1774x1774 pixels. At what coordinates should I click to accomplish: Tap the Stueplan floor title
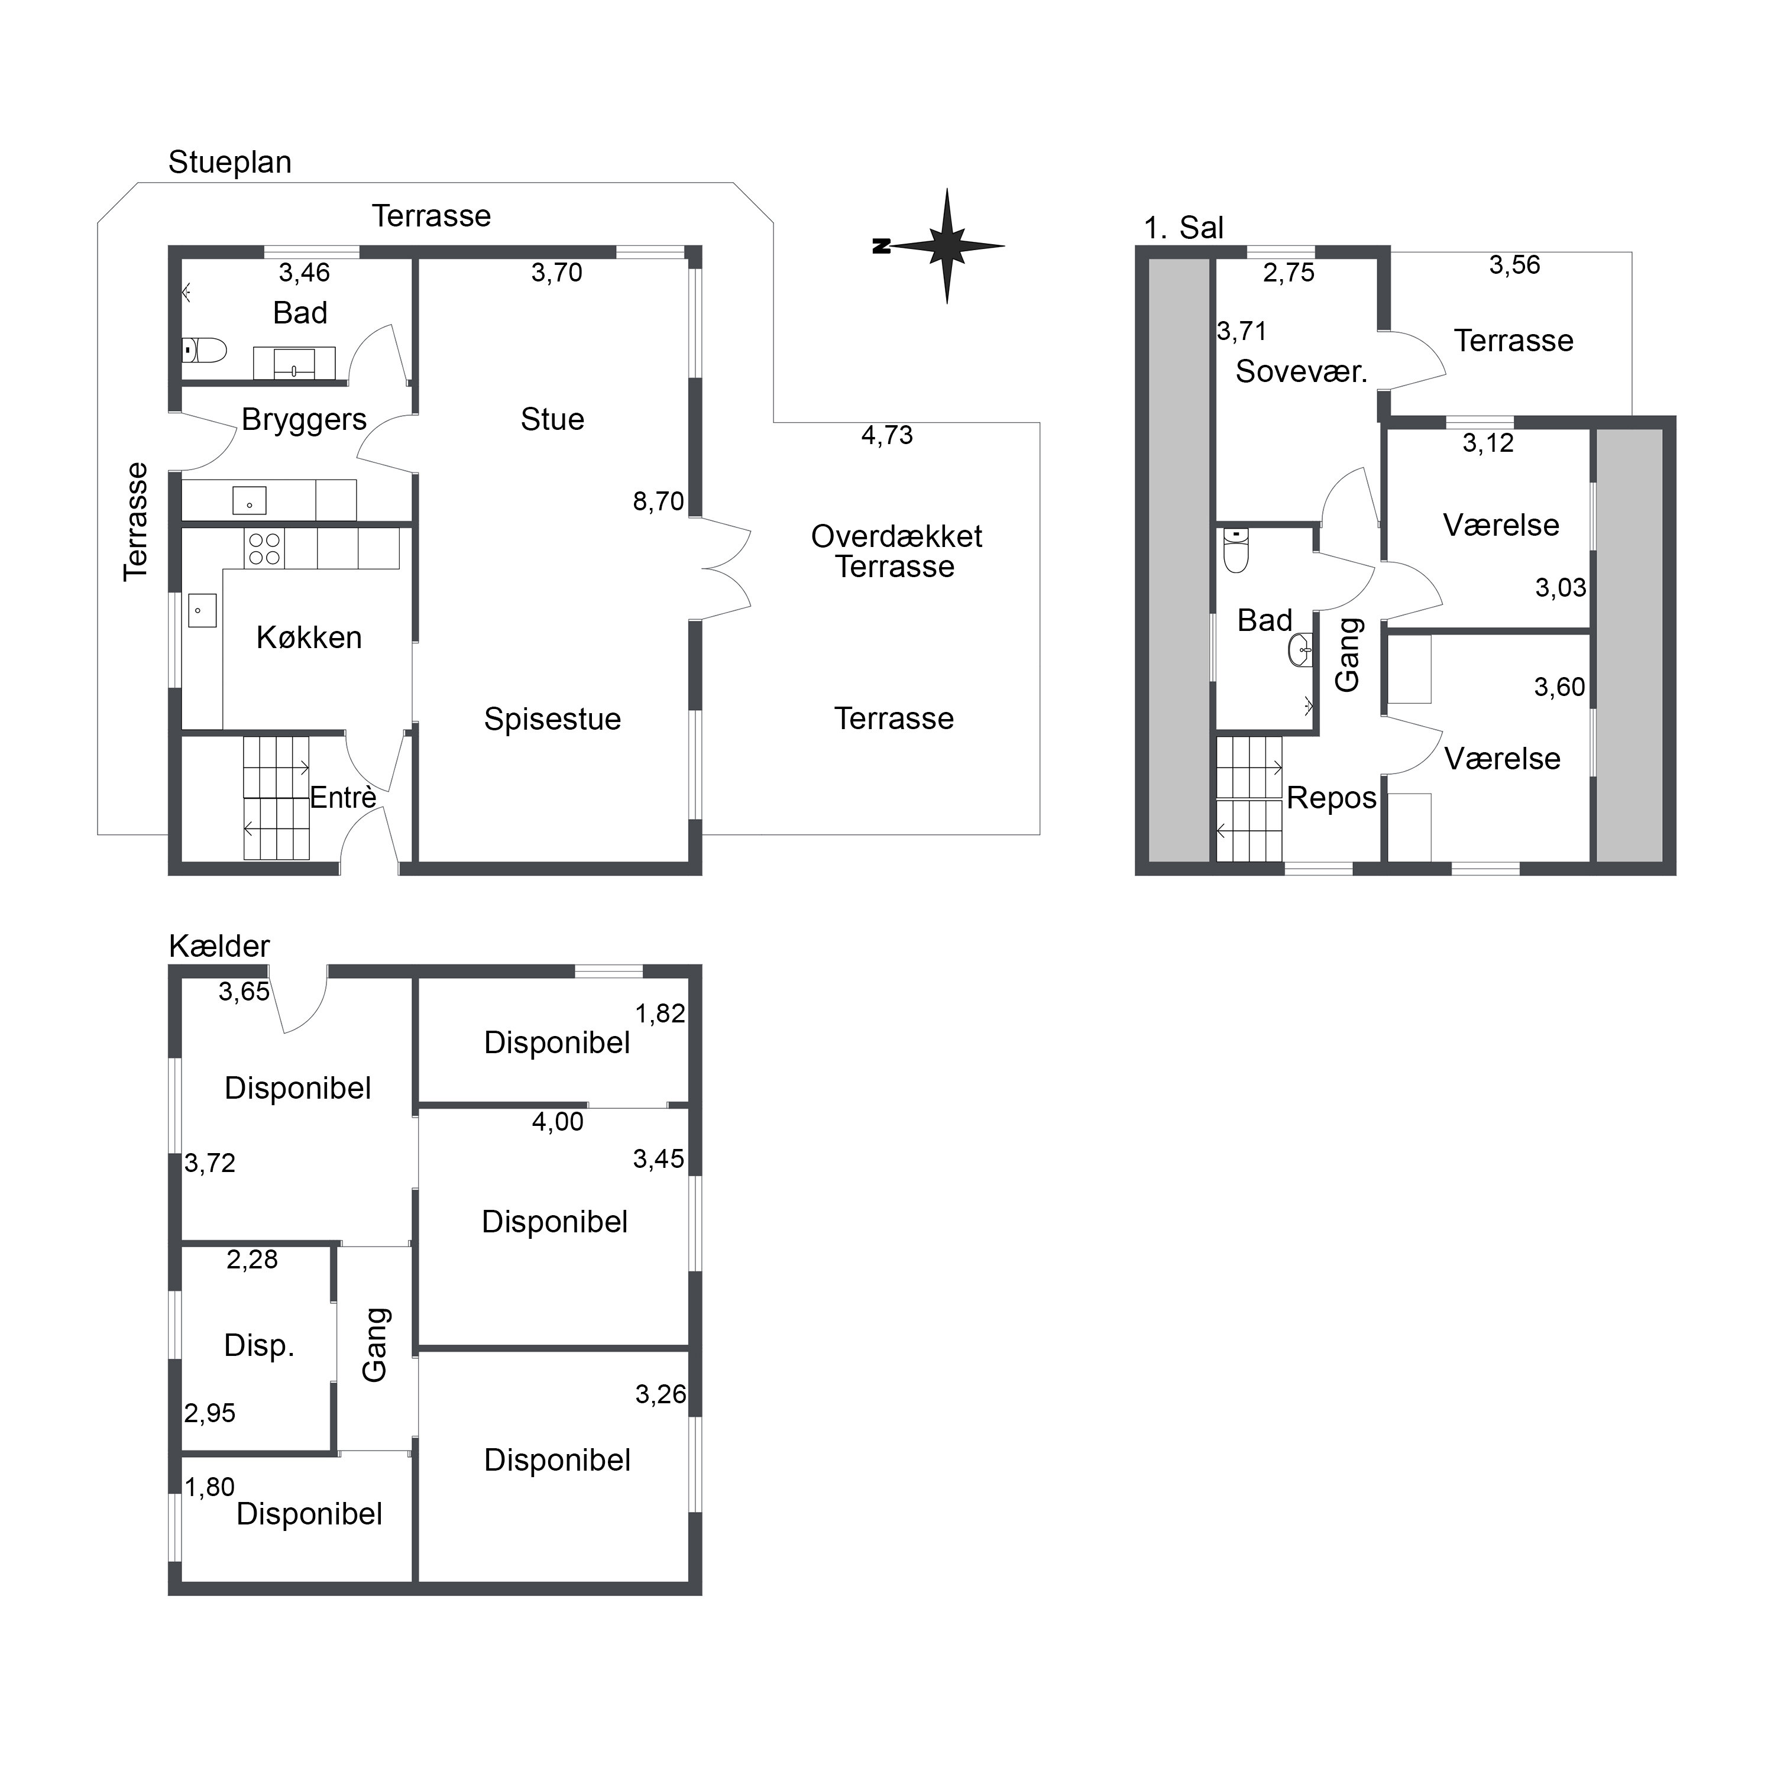[229, 163]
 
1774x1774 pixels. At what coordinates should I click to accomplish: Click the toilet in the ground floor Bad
[204, 350]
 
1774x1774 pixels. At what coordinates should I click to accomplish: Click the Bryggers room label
[304, 420]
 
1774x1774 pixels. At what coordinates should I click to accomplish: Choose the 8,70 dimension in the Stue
[658, 501]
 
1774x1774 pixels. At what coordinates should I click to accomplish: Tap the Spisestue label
[553, 719]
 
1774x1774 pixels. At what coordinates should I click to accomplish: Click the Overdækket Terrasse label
[896, 551]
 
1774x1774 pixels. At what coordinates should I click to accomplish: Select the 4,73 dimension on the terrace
[887, 435]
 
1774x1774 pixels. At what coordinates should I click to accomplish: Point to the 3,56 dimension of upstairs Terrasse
[1514, 266]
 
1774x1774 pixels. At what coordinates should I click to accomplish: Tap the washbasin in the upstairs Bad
[1301, 649]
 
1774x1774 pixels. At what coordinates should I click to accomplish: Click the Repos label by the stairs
[1332, 798]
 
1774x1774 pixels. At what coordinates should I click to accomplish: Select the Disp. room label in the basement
[259, 1345]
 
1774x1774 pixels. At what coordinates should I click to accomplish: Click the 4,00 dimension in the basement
[558, 1121]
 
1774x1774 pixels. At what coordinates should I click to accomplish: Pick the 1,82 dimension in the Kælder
[660, 1014]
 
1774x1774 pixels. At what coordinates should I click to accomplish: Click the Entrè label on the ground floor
[342, 798]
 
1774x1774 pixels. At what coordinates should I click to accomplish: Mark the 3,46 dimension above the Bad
[304, 273]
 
